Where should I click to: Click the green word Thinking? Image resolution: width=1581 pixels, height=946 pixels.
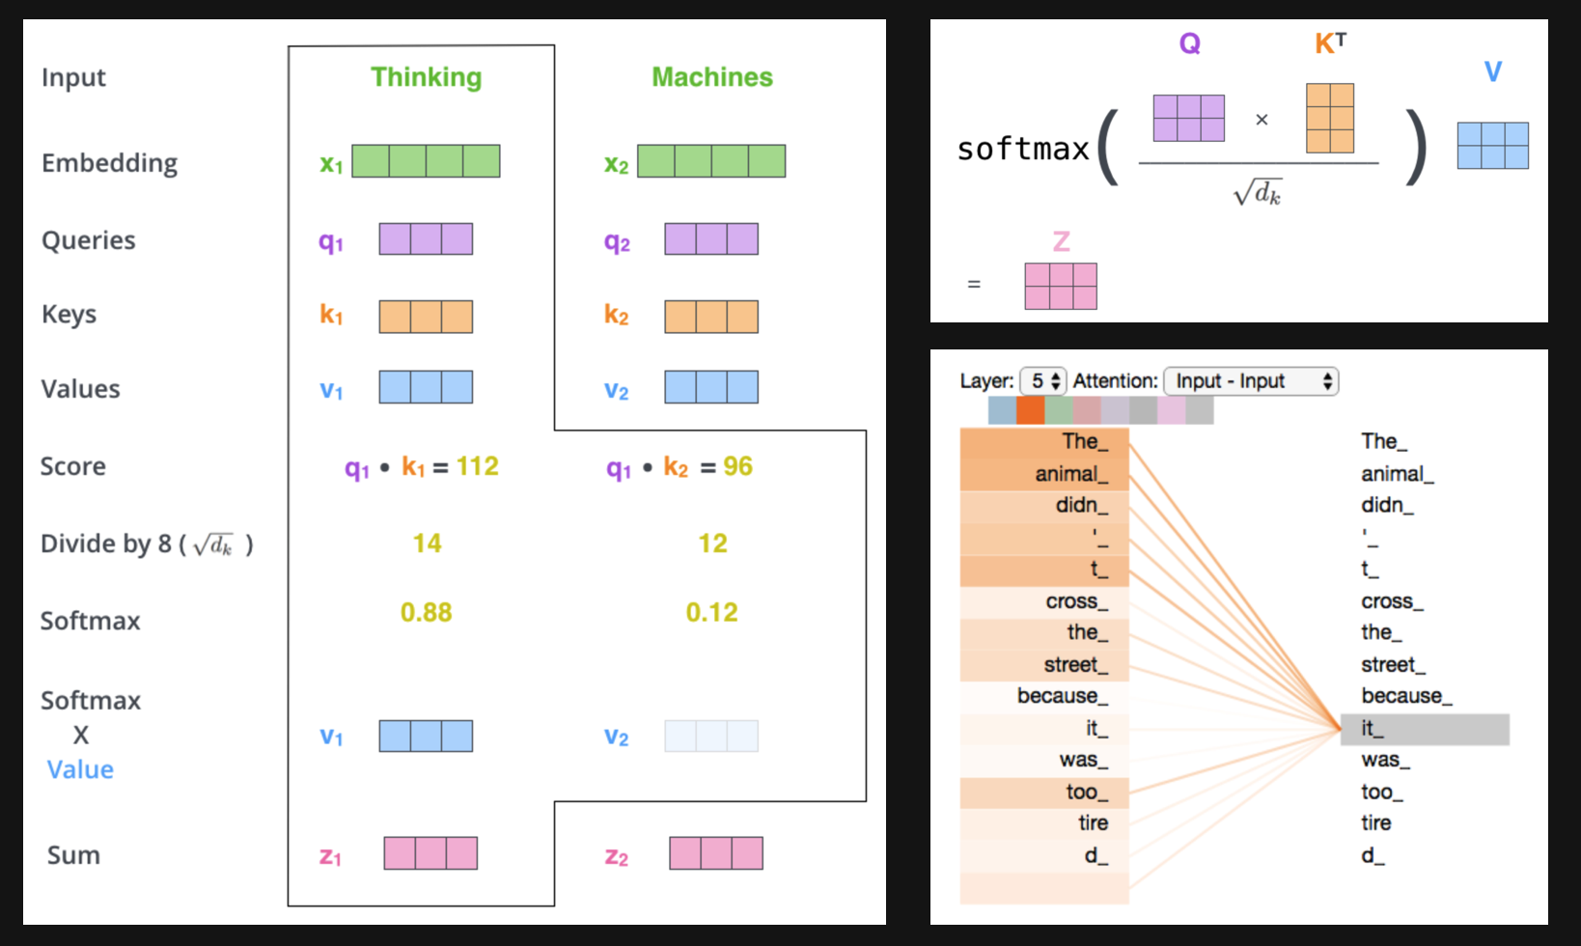(426, 77)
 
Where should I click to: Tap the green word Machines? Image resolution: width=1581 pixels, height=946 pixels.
(712, 77)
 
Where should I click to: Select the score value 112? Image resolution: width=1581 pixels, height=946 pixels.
(478, 466)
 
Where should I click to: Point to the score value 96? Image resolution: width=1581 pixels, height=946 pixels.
(737, 466)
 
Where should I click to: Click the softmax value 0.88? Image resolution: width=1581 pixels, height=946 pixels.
(426, 612)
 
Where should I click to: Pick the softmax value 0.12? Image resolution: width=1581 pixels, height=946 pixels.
(711, 612)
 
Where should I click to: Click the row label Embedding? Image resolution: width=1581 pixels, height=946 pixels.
(109, 162)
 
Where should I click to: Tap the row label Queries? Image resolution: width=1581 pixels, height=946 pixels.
(88, 240)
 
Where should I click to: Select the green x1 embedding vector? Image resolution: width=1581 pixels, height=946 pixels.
(426, 161)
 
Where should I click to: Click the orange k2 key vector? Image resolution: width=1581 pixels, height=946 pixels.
(711, 317)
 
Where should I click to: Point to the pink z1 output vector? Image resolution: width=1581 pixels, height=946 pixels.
(430, 853)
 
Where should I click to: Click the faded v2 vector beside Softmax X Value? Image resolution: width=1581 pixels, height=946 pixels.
(711, 737)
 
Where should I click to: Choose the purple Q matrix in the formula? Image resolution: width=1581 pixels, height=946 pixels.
(1189, 118)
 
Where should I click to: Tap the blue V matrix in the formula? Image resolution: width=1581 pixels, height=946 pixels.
(1492, 146)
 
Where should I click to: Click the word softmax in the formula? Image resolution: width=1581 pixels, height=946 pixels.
(1022, 149)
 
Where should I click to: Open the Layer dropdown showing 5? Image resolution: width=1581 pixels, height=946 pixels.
(1042, 381)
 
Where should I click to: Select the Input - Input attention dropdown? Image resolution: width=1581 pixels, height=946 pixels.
(1251, 381)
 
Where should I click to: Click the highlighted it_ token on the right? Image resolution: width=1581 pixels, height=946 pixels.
(1425, 729)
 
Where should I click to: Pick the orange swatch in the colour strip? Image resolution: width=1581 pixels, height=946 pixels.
(1030, 410)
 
